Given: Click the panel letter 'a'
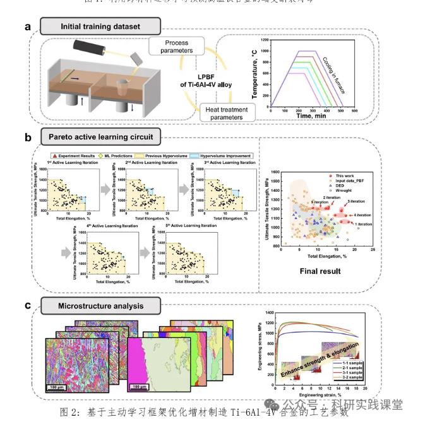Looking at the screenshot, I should [x=28, y=26].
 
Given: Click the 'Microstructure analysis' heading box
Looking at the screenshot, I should [x=100, y=307].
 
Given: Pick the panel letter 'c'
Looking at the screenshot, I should [x=28, y=306].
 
